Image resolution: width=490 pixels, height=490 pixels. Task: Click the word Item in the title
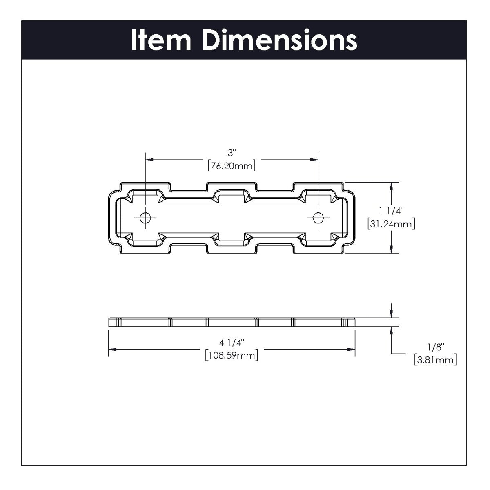pos(161,40)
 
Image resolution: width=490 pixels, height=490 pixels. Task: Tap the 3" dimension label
pos(232,153)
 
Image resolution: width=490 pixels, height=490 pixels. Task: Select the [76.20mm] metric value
pos(232,166)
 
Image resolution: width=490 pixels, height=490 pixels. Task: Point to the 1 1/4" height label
pos(391,211)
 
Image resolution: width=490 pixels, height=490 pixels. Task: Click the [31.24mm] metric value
pos(391,224)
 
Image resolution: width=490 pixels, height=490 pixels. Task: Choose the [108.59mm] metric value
pos(232,355)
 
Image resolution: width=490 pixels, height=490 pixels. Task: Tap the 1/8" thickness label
pos(435,347)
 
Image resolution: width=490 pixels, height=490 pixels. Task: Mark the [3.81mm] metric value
pos(435,360)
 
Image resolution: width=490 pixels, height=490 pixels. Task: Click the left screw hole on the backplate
pos(145,218)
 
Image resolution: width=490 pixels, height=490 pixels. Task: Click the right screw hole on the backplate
pos(318,218)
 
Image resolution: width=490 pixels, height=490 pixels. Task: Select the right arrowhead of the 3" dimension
pos(314,159)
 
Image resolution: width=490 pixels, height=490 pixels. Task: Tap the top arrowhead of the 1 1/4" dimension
pos(392,186)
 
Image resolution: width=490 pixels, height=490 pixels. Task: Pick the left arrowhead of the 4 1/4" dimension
pos(112,349)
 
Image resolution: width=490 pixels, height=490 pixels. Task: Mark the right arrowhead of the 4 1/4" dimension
pos(351,349)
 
